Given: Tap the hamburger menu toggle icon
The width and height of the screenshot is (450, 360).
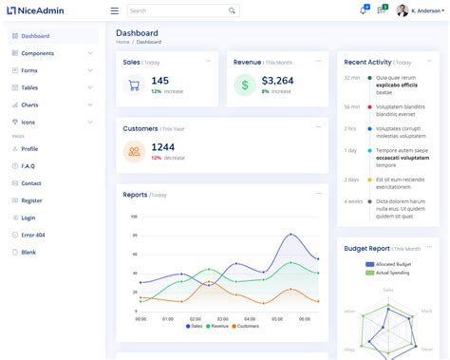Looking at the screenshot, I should pos(115,10).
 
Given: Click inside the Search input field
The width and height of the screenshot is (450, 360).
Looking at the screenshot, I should pos(177,10).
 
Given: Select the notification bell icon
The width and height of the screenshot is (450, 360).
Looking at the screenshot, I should pos(363,10).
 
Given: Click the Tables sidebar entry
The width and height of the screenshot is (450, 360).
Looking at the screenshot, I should pos(30,87).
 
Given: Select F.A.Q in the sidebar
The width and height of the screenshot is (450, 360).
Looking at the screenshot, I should pos(28,166).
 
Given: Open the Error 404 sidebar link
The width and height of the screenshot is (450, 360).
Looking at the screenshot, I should pos(33,235).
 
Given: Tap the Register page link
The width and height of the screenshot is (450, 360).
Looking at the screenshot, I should pos(31,200).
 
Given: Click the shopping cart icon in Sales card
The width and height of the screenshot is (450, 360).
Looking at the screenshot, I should pos(134,85).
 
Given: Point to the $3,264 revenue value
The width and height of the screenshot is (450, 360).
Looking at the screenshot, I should pos(277,81).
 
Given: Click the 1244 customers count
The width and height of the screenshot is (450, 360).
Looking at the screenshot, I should pos(162,147).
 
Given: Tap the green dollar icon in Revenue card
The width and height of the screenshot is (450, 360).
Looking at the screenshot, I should pos(244,85).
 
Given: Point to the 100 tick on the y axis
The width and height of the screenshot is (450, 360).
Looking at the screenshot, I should pos(134,217).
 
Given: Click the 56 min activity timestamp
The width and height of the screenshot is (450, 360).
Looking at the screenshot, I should pos(351,106).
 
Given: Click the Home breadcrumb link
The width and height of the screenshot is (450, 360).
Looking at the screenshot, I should pos(122,42).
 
